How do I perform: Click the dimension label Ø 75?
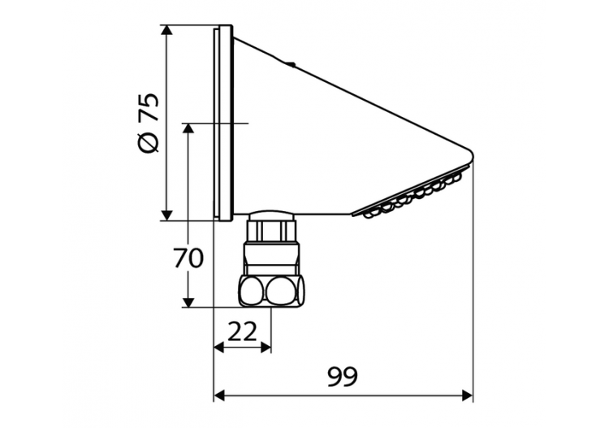pos(149,123)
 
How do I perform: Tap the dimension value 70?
pos(188,258)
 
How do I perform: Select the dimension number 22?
pos(242,331)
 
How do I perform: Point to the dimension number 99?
pos(342,376)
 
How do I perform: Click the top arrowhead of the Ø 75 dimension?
pos(166,30)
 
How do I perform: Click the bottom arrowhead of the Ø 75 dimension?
pos(166,215)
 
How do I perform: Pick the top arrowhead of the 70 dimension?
pos(188,129)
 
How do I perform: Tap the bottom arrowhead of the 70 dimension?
pos(188,302)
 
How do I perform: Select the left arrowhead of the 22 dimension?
pos(219,348)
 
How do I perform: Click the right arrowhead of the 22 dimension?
pos(266,348)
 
